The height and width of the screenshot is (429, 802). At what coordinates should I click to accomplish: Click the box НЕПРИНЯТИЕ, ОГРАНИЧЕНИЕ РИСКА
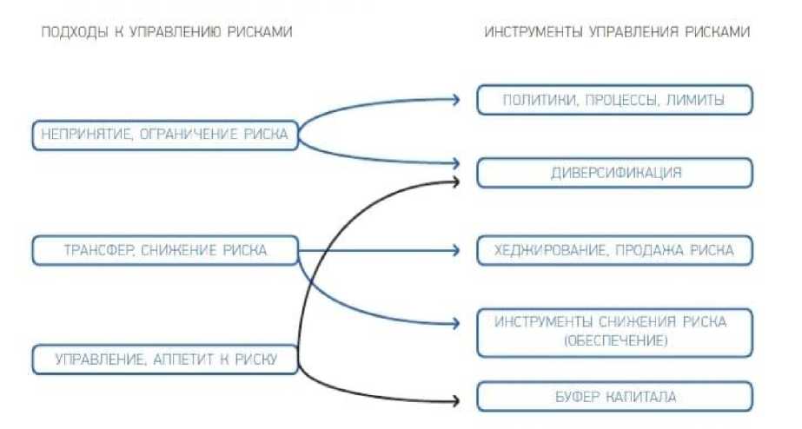click(164, 135)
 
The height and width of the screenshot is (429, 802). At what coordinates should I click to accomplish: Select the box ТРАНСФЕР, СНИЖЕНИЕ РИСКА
click(164, 251)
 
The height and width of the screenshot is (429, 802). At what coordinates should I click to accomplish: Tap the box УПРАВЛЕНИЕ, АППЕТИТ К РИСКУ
click(164, 359)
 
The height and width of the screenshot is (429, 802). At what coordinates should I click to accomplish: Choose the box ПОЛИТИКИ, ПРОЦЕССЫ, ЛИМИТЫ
click(614, 101)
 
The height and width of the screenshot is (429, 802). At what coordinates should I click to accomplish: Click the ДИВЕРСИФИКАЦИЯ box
click(614, 172)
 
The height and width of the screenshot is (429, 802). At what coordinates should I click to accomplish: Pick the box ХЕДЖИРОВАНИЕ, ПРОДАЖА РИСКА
click(614, 251)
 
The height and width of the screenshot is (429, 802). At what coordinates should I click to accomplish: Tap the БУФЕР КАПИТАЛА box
click(614, 397)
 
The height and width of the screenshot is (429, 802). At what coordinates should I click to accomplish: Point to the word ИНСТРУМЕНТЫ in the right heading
click(534, 31)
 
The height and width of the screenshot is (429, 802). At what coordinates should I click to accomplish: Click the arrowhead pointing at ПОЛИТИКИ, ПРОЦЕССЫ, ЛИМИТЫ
click(454, 100)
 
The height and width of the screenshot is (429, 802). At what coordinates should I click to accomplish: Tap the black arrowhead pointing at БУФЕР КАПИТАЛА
click(454, 400)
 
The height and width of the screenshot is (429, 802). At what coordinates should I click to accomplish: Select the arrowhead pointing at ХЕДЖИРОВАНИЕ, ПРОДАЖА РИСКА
click(454, 251)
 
